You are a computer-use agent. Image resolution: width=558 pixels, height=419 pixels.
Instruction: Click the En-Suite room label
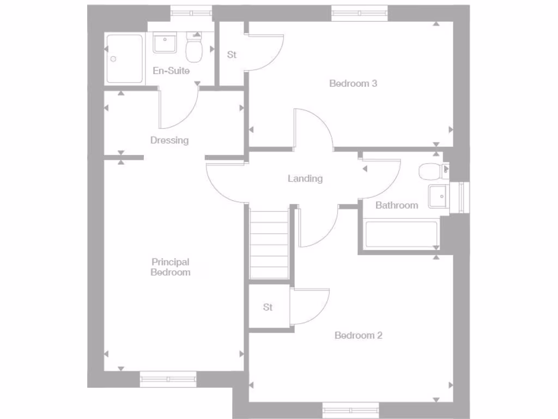coord(171,70)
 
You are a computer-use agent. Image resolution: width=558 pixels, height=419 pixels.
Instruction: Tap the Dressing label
coord(169,140)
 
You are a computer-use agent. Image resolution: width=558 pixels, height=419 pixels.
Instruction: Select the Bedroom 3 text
coord(353,83)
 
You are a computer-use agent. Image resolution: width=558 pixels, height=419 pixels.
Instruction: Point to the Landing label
coord(305,178)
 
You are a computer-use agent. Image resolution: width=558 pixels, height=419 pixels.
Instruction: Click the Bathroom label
coord(397,205)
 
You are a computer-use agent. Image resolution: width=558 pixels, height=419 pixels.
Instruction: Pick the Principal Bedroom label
coord(170,267)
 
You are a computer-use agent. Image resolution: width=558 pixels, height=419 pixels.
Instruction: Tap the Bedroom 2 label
coord(358,335)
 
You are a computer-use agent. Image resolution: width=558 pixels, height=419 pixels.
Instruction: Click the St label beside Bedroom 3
coord(232,55)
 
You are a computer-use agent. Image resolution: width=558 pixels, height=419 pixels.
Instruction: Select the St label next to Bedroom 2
coord(268,307)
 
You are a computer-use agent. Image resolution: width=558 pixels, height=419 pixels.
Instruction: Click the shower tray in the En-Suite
coord(125,59)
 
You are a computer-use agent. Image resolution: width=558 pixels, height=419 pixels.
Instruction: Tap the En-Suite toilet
coord(193,48)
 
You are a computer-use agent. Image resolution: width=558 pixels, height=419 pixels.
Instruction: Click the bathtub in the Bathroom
coord(402,235)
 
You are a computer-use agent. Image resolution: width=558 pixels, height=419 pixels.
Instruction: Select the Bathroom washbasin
coord(438,196)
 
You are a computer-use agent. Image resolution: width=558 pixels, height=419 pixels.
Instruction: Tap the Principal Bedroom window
coord(168,379)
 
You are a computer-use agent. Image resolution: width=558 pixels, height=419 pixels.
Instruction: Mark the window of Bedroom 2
coord(350,410)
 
